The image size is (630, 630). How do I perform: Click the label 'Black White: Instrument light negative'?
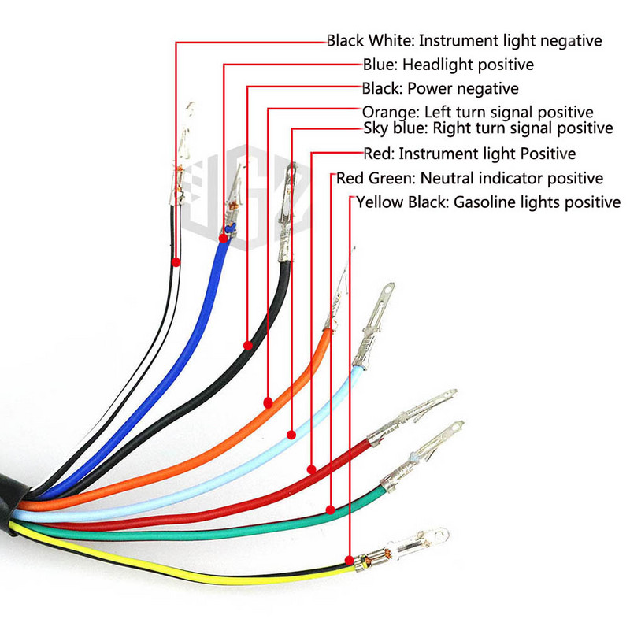464,40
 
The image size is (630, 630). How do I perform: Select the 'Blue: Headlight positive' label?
448,64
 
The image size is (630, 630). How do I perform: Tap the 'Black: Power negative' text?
439,88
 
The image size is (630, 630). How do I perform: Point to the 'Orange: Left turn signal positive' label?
477,112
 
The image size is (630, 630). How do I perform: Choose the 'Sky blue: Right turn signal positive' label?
487,128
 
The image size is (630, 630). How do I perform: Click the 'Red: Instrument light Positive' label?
469,153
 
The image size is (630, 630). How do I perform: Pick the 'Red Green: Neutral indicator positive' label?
469,178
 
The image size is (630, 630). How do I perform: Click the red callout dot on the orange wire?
268,402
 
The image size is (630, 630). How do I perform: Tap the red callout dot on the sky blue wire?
291,433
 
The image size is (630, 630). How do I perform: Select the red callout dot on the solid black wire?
247,345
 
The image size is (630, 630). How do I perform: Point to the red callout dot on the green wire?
330,510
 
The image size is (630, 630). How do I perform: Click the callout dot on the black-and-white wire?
176,261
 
